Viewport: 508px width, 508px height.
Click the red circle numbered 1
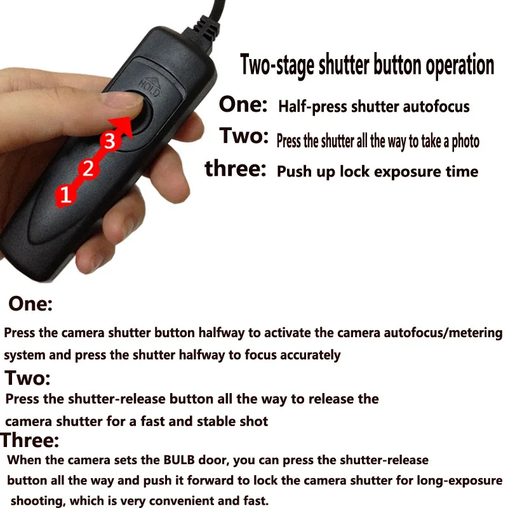coord(65,194)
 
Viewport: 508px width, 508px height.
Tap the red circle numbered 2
coord(88,168)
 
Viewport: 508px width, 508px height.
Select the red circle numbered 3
coord(110,141)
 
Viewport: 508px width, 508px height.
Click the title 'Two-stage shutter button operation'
coord(367,65)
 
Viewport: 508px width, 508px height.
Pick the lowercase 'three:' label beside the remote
coord(235,170)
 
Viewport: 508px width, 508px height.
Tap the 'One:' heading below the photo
coord(30,304)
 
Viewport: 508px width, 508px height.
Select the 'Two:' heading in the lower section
coord(27,378)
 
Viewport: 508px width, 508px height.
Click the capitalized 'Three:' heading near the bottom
coord(30,439)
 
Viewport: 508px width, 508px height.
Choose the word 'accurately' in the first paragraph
coord(306,355)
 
